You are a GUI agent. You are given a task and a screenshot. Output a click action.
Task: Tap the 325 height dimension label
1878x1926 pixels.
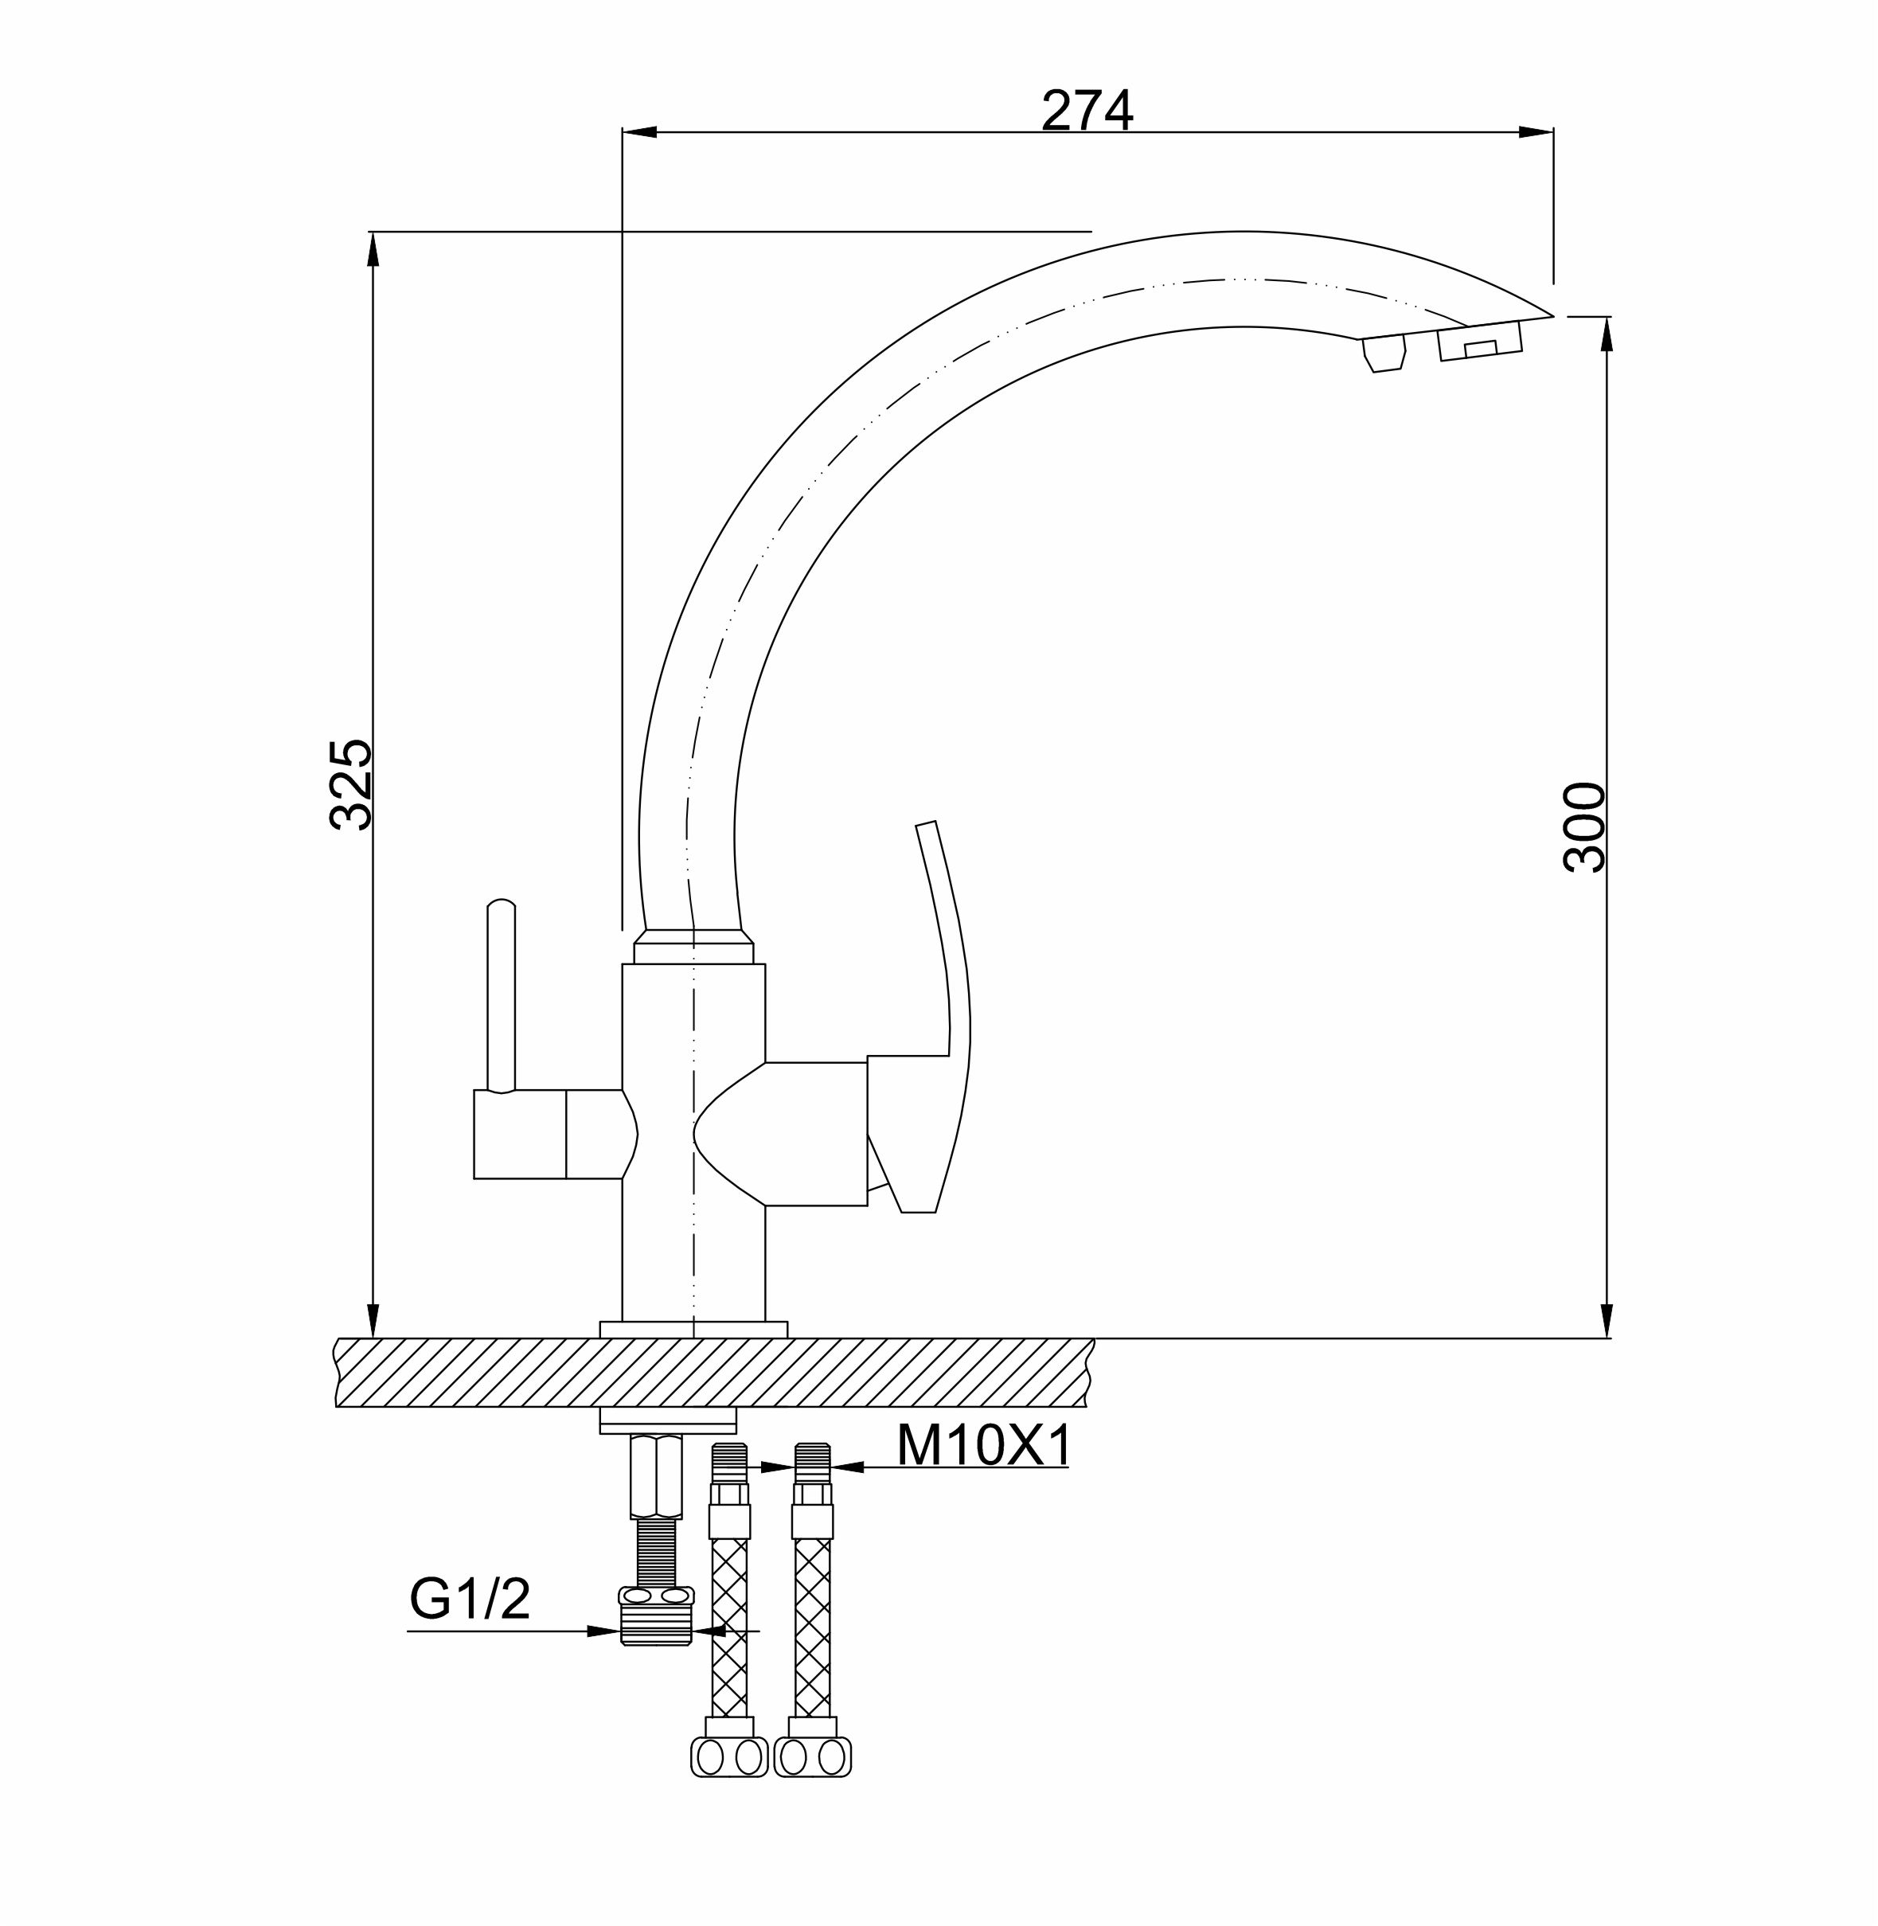pos(351,784)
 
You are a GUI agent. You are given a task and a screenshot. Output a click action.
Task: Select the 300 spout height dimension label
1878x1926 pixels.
pos(1584,826)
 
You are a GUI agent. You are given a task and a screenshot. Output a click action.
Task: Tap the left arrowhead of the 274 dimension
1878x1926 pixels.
pos(640,132)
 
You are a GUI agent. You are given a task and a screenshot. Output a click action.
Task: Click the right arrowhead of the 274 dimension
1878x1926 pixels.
pos(1536,132)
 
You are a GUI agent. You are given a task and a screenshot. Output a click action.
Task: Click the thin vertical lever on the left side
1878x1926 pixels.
pos(501,995)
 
